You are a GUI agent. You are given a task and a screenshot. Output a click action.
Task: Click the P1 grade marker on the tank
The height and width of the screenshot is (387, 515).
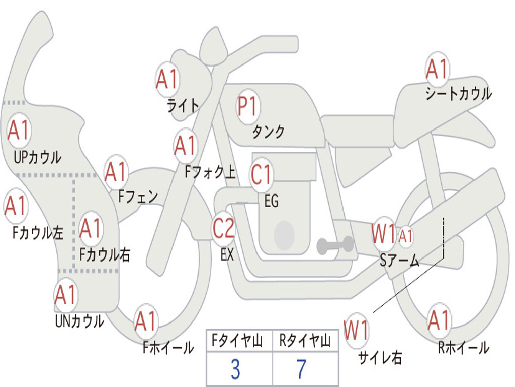pyautogui.click(x=247, y=107)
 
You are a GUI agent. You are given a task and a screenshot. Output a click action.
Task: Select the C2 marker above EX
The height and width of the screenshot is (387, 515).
pyautogui.click(x=223, y=228)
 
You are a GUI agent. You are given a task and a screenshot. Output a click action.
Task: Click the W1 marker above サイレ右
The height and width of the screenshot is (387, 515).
pyautogui.click(x=356, y=331)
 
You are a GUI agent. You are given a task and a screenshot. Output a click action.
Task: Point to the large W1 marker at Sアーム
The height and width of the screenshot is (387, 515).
pyautogui.click(x=384, y=234)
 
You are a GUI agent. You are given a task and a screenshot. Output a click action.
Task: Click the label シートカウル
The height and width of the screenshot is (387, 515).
pyautogui.click(x=458, y=94)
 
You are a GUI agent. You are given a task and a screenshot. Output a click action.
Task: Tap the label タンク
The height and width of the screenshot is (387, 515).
pyautogui.click(x=268, y=132)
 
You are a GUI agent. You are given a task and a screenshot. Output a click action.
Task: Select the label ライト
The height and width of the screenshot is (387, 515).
pyautogui.click(x=183, y=105)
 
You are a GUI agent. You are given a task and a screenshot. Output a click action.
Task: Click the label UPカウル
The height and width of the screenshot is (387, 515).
pyautogui.click(x=37, y=157)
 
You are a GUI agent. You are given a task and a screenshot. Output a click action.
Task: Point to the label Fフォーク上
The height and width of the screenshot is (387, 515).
pyautogui.click(x=210, y=173)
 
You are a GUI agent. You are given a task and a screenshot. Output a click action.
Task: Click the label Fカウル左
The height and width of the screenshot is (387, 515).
pyautogui.click(x=38, y=232)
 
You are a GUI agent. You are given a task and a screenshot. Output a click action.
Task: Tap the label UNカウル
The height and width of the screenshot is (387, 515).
pyautogui.click(x=79, y=320)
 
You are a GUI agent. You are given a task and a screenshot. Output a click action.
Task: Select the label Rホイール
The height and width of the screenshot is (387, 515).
pyautogui.click(x=463, y=347)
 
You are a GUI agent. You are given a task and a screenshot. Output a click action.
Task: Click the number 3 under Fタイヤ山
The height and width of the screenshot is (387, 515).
pyautogui.click(x=235, y=370)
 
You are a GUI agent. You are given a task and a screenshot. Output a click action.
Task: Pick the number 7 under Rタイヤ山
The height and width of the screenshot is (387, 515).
pyautogui.click(x=301, y=370)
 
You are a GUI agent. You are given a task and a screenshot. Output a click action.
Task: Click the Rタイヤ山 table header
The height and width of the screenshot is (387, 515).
pyautogui.click(x=305, y=342)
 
